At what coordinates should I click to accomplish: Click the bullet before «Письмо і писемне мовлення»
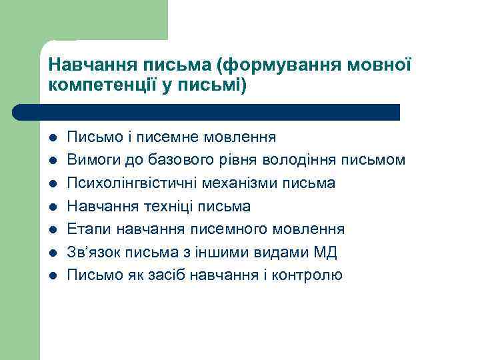pos(53,138)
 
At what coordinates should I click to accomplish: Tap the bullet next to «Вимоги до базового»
pos(53,161)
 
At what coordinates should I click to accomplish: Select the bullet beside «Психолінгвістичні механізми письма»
pos(53,183)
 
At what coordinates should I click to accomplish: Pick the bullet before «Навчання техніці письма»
pos(53,207)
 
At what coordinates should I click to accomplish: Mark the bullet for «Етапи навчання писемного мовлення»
pos(53,229)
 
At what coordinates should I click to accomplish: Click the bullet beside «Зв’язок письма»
pos(53,252)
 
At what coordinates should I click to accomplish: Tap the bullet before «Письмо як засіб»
pos(53,275)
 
